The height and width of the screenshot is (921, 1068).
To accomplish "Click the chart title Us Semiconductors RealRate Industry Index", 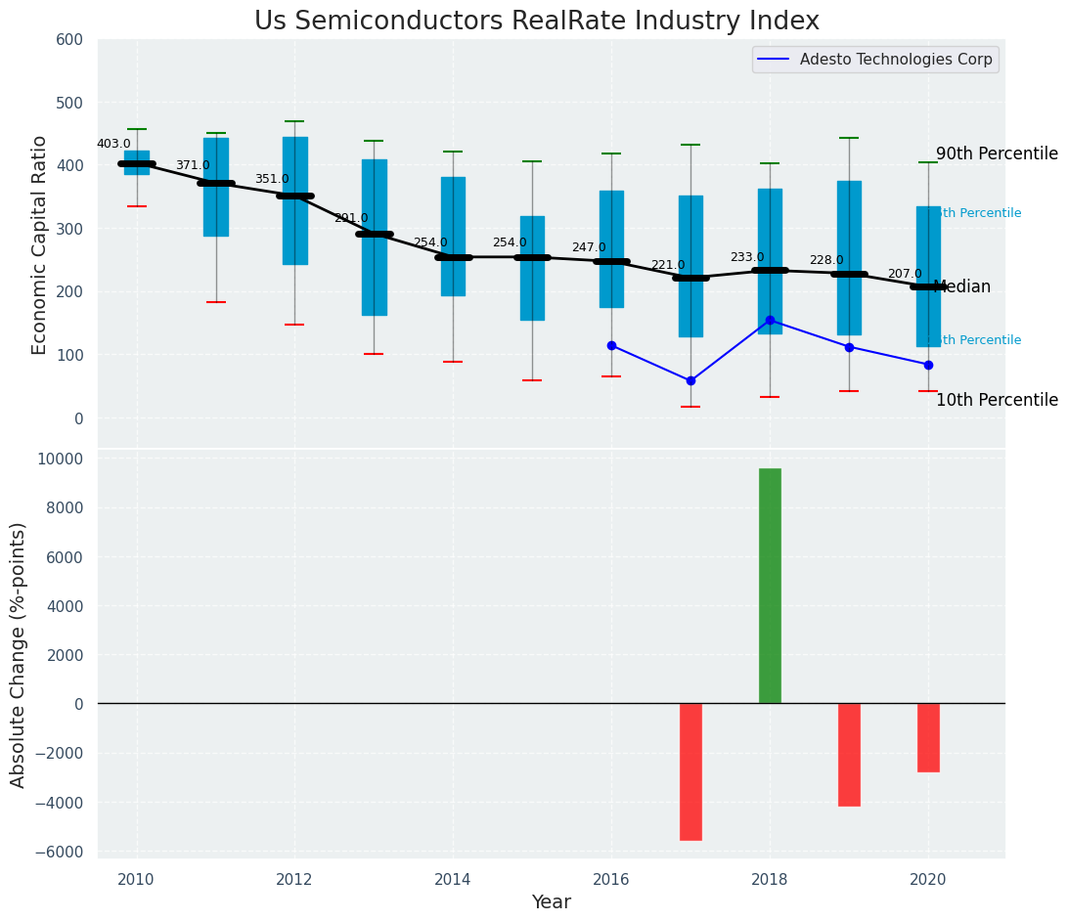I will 536,22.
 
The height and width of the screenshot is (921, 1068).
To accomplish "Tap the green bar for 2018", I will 770,586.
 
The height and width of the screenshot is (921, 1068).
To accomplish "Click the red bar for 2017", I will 690,771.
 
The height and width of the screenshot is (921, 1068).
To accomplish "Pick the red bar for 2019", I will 849,754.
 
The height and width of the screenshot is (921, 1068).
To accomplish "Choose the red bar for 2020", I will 928,737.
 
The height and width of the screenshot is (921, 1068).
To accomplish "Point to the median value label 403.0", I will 113,144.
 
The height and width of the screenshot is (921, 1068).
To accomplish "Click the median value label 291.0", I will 351,218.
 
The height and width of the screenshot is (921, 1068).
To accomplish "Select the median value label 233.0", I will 747,257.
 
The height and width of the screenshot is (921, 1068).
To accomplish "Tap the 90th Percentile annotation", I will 997,154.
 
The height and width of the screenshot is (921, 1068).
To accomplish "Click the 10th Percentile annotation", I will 997,400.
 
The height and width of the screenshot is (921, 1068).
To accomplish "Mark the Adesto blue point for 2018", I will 770,320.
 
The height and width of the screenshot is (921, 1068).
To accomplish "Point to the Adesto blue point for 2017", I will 690,380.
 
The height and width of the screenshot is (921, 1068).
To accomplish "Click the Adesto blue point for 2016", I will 611,345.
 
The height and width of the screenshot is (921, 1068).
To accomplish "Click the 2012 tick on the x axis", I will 294,880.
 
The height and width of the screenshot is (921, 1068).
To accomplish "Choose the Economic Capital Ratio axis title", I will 40,243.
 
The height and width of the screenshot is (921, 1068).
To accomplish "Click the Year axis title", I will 551,902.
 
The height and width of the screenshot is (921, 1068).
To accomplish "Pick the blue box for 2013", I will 374,238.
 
